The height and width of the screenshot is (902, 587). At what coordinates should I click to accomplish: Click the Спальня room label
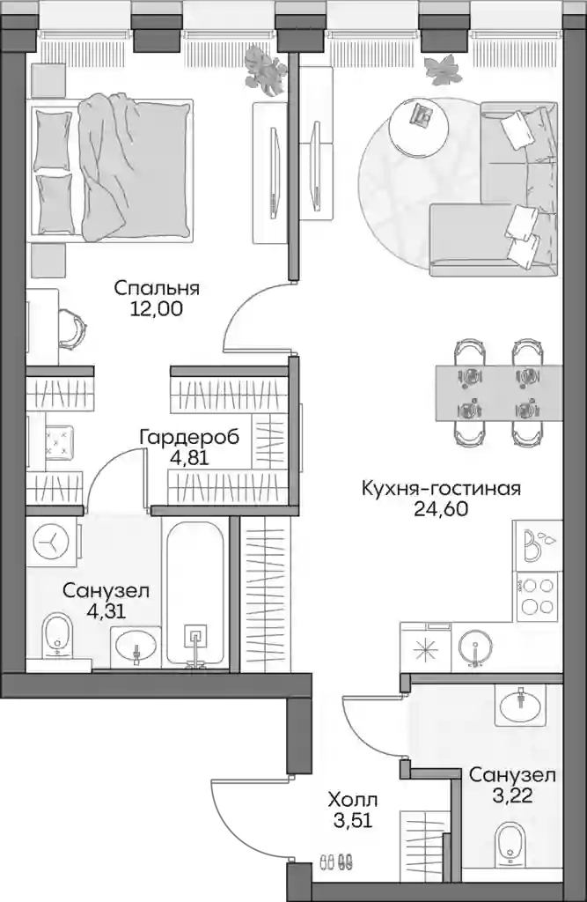click(x=157, y=288)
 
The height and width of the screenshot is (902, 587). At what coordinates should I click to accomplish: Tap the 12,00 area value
click(x=157, y=309)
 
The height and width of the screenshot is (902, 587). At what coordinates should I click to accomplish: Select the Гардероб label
click(x=189, y=438)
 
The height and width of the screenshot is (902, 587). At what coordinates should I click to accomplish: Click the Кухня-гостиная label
click(x=441, y=489)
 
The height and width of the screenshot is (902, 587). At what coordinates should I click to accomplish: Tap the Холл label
click(x=353, y=800)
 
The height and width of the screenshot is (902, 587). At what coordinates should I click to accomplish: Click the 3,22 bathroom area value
click(x=512, y=796)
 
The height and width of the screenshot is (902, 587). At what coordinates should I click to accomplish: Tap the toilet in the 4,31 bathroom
click(x=57, y=636)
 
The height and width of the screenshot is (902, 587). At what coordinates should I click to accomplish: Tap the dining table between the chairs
click(x=498, y=393)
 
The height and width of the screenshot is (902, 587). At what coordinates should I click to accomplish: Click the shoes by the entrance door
click(x=336, y=862)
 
